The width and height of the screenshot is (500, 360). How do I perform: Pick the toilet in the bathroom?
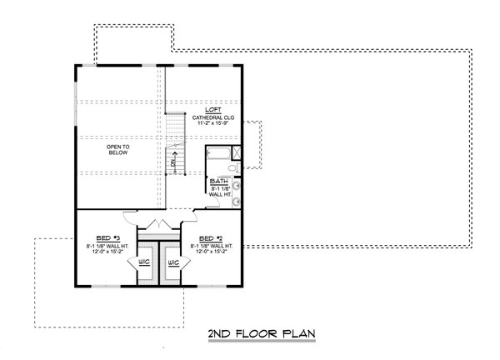(237, 169)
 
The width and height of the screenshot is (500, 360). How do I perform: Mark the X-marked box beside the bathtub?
(237, 152)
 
